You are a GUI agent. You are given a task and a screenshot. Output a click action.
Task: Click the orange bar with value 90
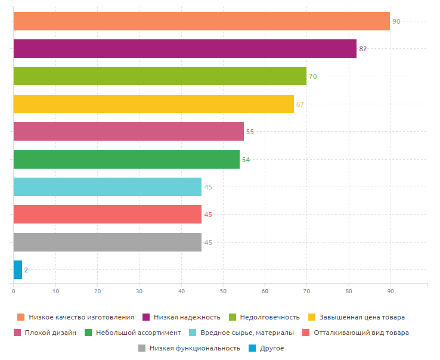pyautogui.click(x=202, y=21)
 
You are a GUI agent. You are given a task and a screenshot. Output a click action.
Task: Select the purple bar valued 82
pyautogui.click(x=185, y=48)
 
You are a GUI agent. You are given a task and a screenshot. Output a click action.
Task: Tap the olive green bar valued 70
pyautogui.click(x=160, y=76)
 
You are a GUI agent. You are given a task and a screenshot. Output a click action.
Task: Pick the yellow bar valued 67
pyautogui.click(x=153, y=104)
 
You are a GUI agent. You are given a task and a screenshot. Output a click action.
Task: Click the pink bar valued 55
pyautogui.click(x=128, y=132)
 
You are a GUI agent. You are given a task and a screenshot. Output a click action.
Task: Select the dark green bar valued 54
pyautogui.click(x=126, y=159)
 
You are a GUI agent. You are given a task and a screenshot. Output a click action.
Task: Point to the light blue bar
pyautogui.click(x=107, y=187)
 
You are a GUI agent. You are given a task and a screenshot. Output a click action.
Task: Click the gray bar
pyautogui.click(x=107, y=243)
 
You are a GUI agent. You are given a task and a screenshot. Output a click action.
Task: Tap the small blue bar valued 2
pyautogui.click(x=17, y=270)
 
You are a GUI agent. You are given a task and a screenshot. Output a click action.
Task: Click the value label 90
pyautogui.click(x=396, y=21)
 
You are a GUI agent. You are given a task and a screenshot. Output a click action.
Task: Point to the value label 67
pyautogui.click(x=300, y=104)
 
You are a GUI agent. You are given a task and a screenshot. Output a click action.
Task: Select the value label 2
pyautogui.click(x=26, y=271)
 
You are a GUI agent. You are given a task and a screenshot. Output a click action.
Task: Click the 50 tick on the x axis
pyautogui.click(x=222, y=291)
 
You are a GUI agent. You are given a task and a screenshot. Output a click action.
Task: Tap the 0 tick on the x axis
pyautogui.click(x=13, y=291)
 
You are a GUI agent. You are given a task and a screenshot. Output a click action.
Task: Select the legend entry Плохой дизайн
pyautogui.click(x=51, y=333)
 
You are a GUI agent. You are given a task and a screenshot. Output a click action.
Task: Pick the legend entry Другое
pyautogui.click(x=272, y=348)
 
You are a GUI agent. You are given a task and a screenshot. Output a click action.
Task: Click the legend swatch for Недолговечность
pyautogui.click(x=233, y=317)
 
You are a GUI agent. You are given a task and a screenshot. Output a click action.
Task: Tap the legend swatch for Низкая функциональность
pyautogui.click(x=142, y=348)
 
